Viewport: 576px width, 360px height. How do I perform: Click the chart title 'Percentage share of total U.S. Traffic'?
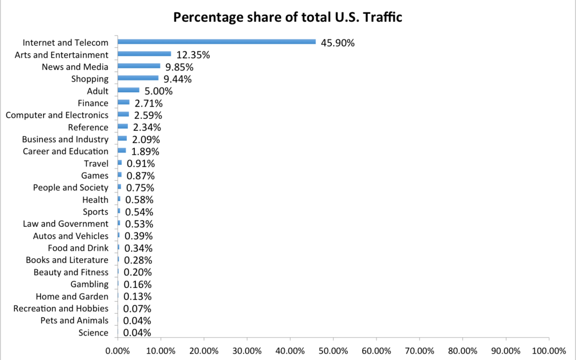pos(287,18)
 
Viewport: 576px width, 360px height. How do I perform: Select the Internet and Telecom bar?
pos(217,42)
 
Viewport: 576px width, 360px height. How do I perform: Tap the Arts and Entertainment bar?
pos(144,54)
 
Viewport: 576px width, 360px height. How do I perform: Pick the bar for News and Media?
pos(139,66)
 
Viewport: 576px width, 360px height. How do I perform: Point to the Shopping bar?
pos(138,78)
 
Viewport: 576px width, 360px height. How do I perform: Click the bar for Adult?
pos(128,91)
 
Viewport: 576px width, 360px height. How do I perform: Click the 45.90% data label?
pos(338,43)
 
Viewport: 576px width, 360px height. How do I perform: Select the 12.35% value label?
pos(193,55)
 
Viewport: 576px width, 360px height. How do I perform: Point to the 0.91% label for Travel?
pos(140,164)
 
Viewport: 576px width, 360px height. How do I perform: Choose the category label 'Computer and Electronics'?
pos(57,115)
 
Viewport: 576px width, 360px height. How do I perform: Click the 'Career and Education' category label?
pos(66,151)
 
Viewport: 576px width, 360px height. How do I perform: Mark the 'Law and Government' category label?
pos(66,224)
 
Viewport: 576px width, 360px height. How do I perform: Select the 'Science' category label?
pos(94,333)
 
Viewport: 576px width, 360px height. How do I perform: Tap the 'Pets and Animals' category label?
pos(74,321)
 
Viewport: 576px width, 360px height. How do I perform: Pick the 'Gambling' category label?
pos(90,284)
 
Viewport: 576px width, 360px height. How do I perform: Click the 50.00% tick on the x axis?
pos(333,350)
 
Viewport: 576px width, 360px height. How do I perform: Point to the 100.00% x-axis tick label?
pos(549,350)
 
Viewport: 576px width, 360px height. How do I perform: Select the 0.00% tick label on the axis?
pos(117,350)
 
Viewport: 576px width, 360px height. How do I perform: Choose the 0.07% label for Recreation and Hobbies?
pos(137,309)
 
